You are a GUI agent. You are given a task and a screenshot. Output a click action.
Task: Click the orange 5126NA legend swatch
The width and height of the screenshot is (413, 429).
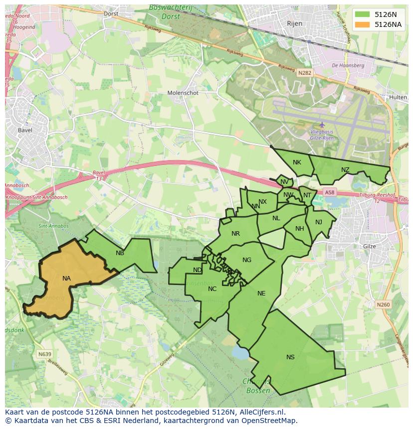pos(363,24)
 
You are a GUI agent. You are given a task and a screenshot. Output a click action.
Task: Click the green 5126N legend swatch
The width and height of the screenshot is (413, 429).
pos(363,14)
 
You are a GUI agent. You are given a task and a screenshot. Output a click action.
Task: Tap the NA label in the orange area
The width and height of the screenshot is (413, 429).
pos(66,279)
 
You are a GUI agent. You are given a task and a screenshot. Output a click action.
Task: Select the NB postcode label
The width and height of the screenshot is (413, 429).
pos(120,253)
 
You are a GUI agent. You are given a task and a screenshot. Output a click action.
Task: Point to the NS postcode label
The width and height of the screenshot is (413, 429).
pos(290,357)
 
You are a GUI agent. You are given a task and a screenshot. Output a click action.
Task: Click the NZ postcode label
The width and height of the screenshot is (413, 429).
pos(345,170)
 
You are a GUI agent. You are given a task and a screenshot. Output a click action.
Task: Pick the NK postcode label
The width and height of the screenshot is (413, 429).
pos(297,162)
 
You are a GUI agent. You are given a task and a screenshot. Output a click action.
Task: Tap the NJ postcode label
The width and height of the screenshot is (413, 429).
pos(319,222)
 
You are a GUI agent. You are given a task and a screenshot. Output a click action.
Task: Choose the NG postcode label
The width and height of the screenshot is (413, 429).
pos(247,260)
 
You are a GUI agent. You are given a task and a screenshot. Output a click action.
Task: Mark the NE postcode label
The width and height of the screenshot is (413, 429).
pos(261,293)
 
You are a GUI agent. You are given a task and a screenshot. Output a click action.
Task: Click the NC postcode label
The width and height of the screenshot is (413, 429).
pos(212,289)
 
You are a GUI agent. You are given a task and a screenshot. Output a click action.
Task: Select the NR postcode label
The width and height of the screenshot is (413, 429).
pos(236,234)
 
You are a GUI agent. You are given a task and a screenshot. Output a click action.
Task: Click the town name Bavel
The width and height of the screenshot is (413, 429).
pos(25,131)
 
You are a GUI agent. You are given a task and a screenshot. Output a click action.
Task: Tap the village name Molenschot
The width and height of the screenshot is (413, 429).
pos(183,93)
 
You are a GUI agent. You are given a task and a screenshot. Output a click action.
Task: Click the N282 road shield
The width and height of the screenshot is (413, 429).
pos(304,73)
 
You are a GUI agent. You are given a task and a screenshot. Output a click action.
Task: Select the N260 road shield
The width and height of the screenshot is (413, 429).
pos(383,304)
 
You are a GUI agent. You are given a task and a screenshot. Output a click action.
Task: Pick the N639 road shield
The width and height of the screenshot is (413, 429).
pos(44,354)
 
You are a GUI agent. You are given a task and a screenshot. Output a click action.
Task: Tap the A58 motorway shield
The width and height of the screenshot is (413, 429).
pos(330,192)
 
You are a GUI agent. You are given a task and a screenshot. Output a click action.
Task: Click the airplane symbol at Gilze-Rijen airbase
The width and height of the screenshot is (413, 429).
pos(322,125)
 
